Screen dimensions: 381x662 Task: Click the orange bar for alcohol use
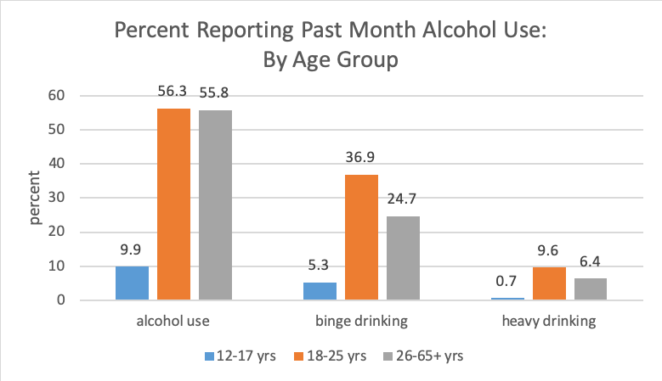coord(175,204)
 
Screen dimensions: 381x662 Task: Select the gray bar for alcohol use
coord(216,205)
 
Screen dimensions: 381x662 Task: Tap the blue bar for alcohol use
coord(133,283)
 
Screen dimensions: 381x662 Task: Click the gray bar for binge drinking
coord(403,258)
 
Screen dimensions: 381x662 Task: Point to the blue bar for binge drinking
coord(320,291)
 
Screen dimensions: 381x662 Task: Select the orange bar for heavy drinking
coord(549,283)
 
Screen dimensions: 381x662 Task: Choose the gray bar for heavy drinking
coord(590,289)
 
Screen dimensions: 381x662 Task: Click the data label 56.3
coord(175,90)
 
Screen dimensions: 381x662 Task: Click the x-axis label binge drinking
coord(361,322)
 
